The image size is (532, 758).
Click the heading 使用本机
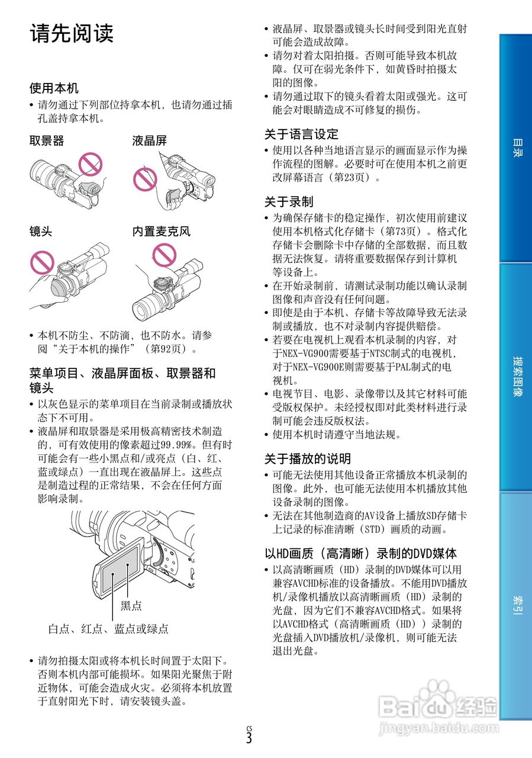[54, 88]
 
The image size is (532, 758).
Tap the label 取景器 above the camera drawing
[47, 140]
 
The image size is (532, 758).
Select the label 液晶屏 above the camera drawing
[149, 140]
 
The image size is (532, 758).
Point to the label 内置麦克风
[161, 231]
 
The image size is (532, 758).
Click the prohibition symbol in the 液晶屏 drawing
[144, 177]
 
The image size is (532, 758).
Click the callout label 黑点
[131, 605]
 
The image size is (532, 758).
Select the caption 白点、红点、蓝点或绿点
[108, 629]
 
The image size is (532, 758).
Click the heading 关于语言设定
[301, 134]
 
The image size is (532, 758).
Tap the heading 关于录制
[289, 201]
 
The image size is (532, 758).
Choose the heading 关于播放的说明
[307, 458]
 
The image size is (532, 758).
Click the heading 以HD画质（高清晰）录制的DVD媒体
[360, 554]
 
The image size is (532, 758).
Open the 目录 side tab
[516, 148]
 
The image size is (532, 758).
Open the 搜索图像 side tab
[516, 377]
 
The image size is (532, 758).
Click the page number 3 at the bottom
[249, 738]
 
